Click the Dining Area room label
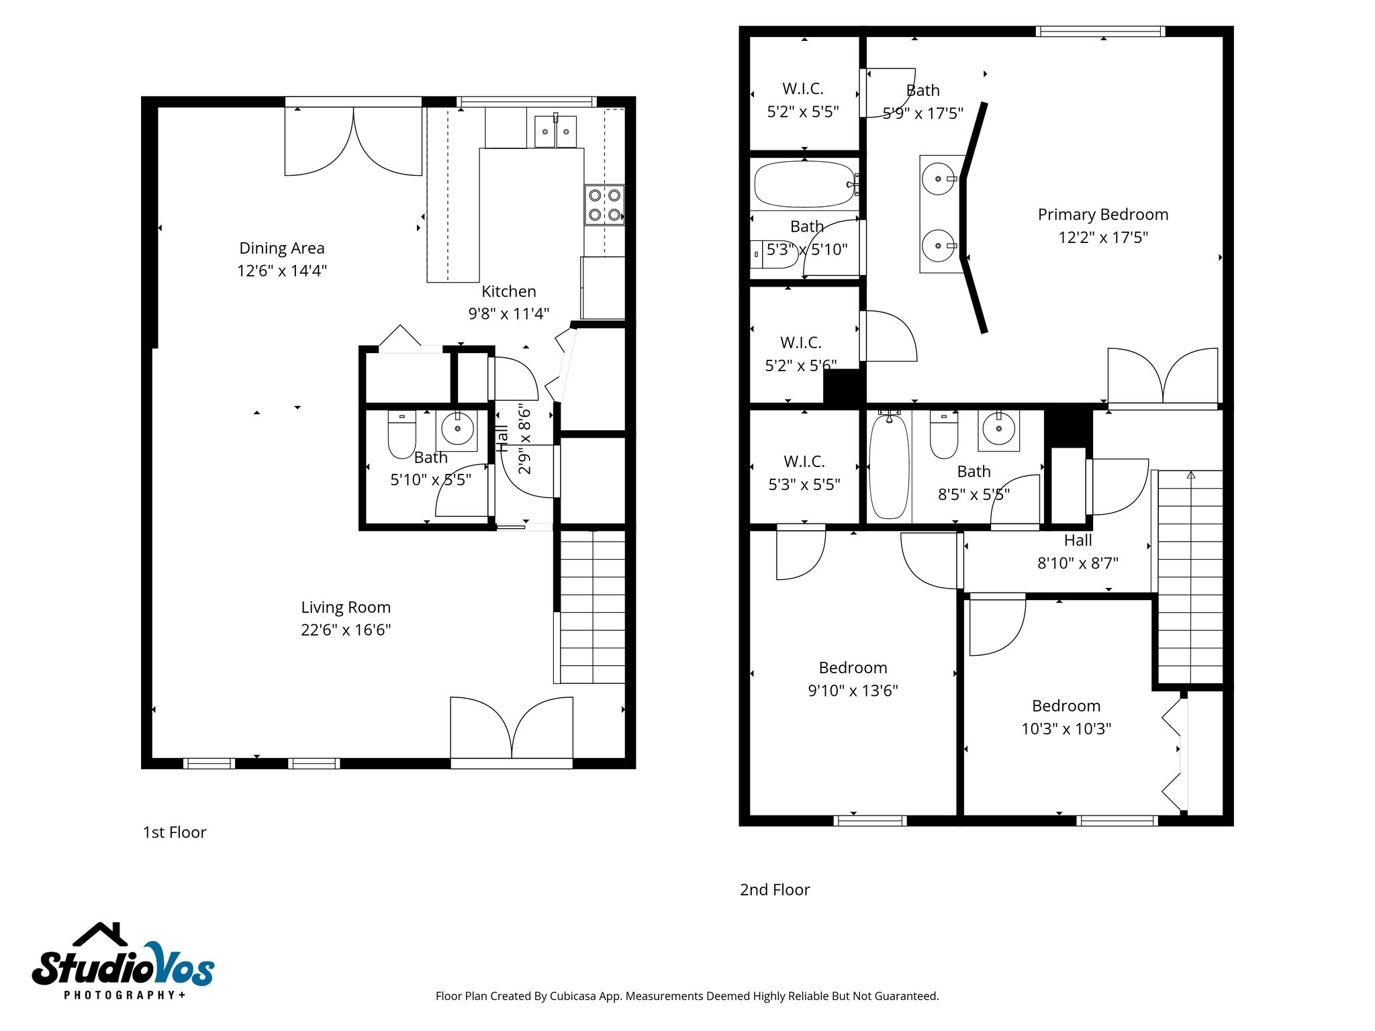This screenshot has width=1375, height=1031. [281, 248]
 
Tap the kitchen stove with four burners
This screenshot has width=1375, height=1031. [604, 205]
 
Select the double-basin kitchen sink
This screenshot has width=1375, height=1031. [555, 131]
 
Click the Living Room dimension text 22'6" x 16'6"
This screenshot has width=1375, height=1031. [346, 630]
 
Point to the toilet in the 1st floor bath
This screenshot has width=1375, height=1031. [401, 434]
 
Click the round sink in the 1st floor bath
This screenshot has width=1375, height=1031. [457, 428]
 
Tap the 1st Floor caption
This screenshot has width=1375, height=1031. [175, 832]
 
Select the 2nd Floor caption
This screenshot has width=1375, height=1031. [775, 889]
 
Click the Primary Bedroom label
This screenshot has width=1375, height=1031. [1102, 214]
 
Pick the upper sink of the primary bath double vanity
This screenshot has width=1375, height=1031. [938, 179]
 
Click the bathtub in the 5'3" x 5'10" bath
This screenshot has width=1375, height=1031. [804, 184]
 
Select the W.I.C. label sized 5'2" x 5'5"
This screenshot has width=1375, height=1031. [803, 89]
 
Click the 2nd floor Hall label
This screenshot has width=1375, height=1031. [1078, 540]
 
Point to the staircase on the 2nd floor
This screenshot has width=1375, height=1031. [1190, 577]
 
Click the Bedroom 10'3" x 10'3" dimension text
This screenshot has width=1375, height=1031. [1066, 728]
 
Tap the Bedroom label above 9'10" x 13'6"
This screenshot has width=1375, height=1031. [853, 667]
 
